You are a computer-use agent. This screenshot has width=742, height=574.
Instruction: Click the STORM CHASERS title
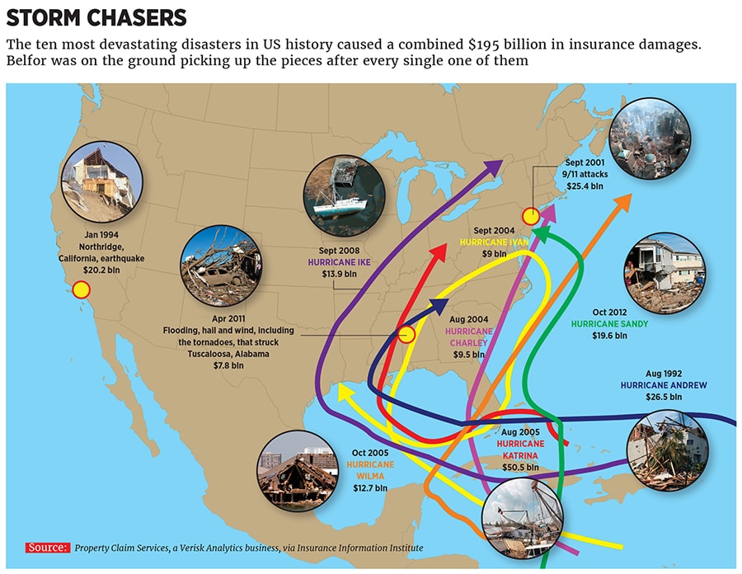pos(96,17)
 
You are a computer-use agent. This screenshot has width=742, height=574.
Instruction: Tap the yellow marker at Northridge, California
pos(81,289)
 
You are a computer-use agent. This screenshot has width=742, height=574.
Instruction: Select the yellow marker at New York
pos(532,217)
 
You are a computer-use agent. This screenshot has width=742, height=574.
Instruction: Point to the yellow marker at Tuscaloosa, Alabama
pos(406,335)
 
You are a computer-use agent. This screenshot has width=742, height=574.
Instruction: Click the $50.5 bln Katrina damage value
pos(520,467)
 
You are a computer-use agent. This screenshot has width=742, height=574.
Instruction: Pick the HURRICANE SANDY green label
pos(609,324)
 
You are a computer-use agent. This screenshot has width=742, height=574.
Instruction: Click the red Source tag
pos(47,548)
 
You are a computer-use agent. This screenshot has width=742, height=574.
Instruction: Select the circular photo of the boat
pos(344,195)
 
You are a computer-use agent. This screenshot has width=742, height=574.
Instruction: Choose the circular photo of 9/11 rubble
pos(650,138)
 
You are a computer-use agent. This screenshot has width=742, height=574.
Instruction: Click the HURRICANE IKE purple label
pos(340,261)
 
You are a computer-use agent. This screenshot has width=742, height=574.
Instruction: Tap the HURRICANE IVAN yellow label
pos(493,243)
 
